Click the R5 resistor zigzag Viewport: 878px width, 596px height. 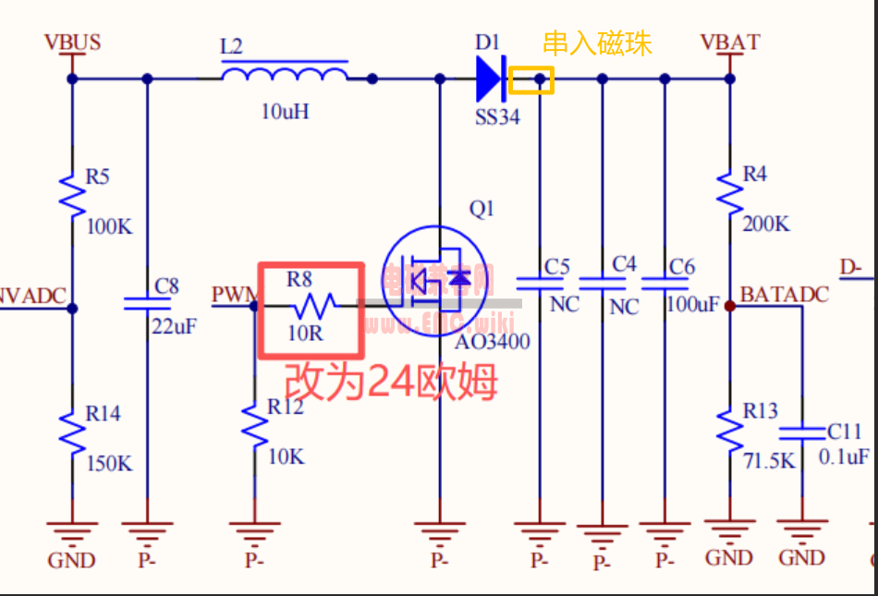(72, 194)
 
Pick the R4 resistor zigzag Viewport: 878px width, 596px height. (730, 193)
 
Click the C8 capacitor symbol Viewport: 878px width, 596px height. (147, 301)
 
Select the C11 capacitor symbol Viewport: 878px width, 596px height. (801, 432)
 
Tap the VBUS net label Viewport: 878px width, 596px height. (72, 43)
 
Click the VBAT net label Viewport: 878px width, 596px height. (730, 43)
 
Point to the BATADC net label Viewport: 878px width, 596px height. (784, 294)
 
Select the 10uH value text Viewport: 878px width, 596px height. (285, 112)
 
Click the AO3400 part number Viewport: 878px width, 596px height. (493, 342)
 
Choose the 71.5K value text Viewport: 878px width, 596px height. (769, 461)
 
